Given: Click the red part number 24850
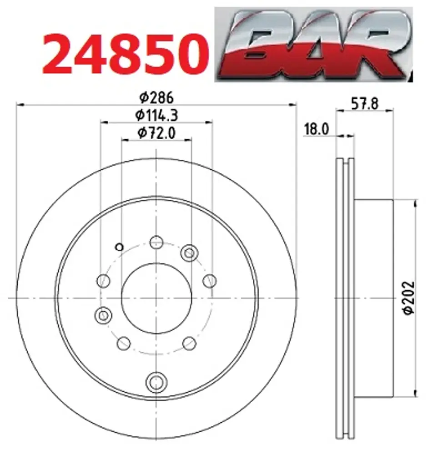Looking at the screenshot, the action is click(x=125, y=54).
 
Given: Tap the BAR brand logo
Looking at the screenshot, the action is click(x=313, y=44).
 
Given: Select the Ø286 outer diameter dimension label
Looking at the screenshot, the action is click(x=156, y=97).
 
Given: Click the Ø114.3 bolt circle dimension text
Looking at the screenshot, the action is click(x=156, y=115).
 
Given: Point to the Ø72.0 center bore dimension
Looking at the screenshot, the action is click(x=156, y=133).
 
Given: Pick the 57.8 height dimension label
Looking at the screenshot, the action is click(x=365, y=103).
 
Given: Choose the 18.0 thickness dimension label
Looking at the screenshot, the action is click(x=316, y=129).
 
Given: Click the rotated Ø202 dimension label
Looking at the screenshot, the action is click(x=409, y=298).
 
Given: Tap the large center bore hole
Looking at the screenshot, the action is click(x=156, y=298).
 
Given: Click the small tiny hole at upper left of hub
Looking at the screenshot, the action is click(x=119, y=247).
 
